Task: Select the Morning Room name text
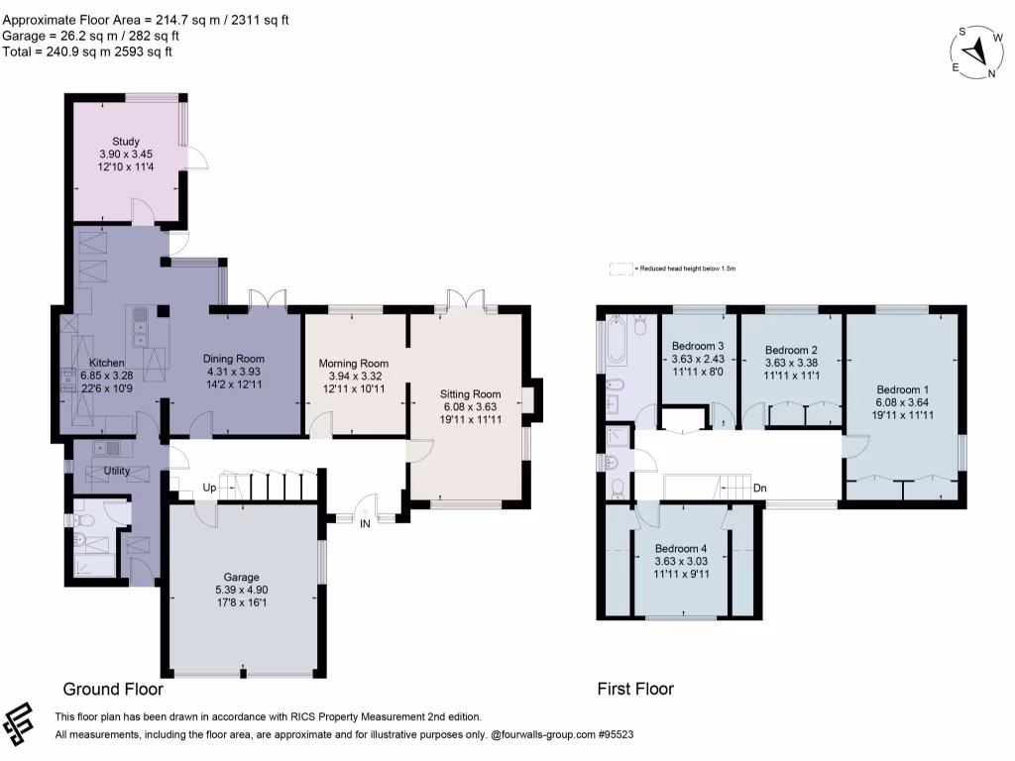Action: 354,364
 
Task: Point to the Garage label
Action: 242,577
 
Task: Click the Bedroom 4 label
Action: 681,548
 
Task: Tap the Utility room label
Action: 117,471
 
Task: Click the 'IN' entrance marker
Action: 365,523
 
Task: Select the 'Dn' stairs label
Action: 759,489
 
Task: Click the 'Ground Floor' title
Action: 113,689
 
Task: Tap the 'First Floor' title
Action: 635,689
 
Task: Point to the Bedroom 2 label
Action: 791,350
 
